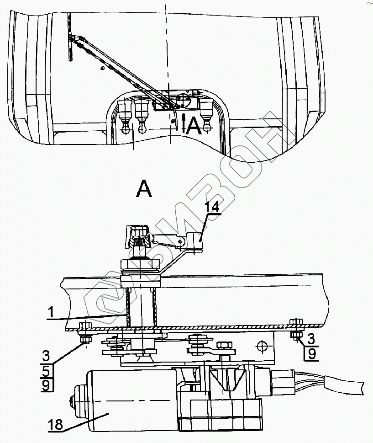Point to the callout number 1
pos(52,313)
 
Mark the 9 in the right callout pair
pos(310,353)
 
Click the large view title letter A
pos(144,188)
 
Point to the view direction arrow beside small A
pos(184,122)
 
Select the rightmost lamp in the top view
pos(207,112)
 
